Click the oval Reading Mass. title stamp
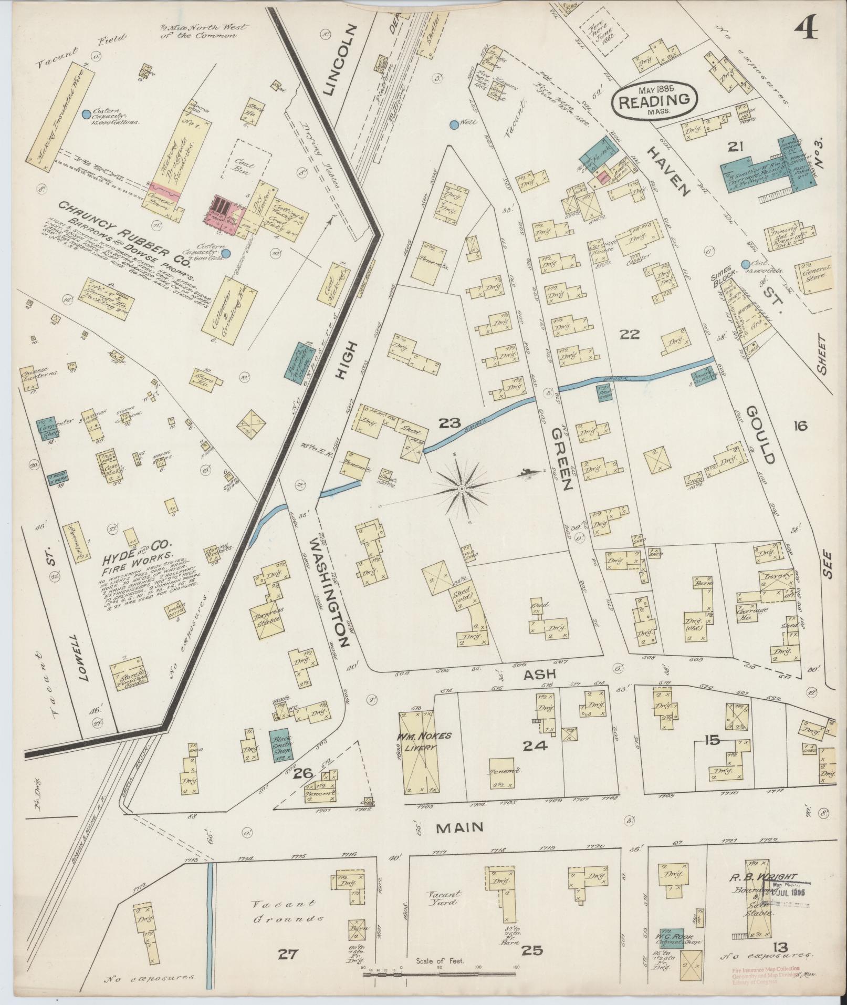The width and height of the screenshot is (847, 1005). (x=654, y=100)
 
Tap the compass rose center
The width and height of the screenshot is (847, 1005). (x=462, y=489)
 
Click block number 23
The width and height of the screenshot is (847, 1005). (x=450, y=422)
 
